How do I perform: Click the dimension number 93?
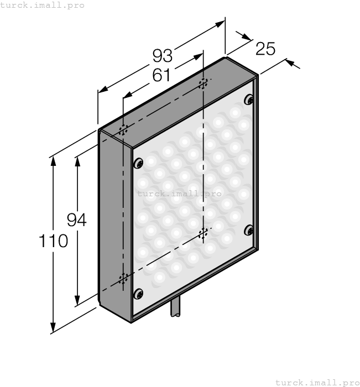pos(163,56)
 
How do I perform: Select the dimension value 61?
pos(161,75)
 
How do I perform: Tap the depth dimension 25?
pos(265,49)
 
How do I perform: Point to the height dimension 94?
pos(77,220)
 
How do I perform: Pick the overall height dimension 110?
pos(53,241)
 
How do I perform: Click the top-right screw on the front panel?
pos(250,100)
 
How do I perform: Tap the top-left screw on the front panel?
pos(138,163)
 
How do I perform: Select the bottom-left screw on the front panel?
pos(138,294)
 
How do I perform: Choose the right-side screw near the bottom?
pos(249,230)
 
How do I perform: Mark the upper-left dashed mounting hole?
pos(123,130)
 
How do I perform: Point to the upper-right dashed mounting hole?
pos(204,84)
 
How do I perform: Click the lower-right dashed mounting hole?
pos(204,232)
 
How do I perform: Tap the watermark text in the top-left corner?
pos(43,5)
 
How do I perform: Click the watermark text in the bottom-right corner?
pos(317,382)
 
